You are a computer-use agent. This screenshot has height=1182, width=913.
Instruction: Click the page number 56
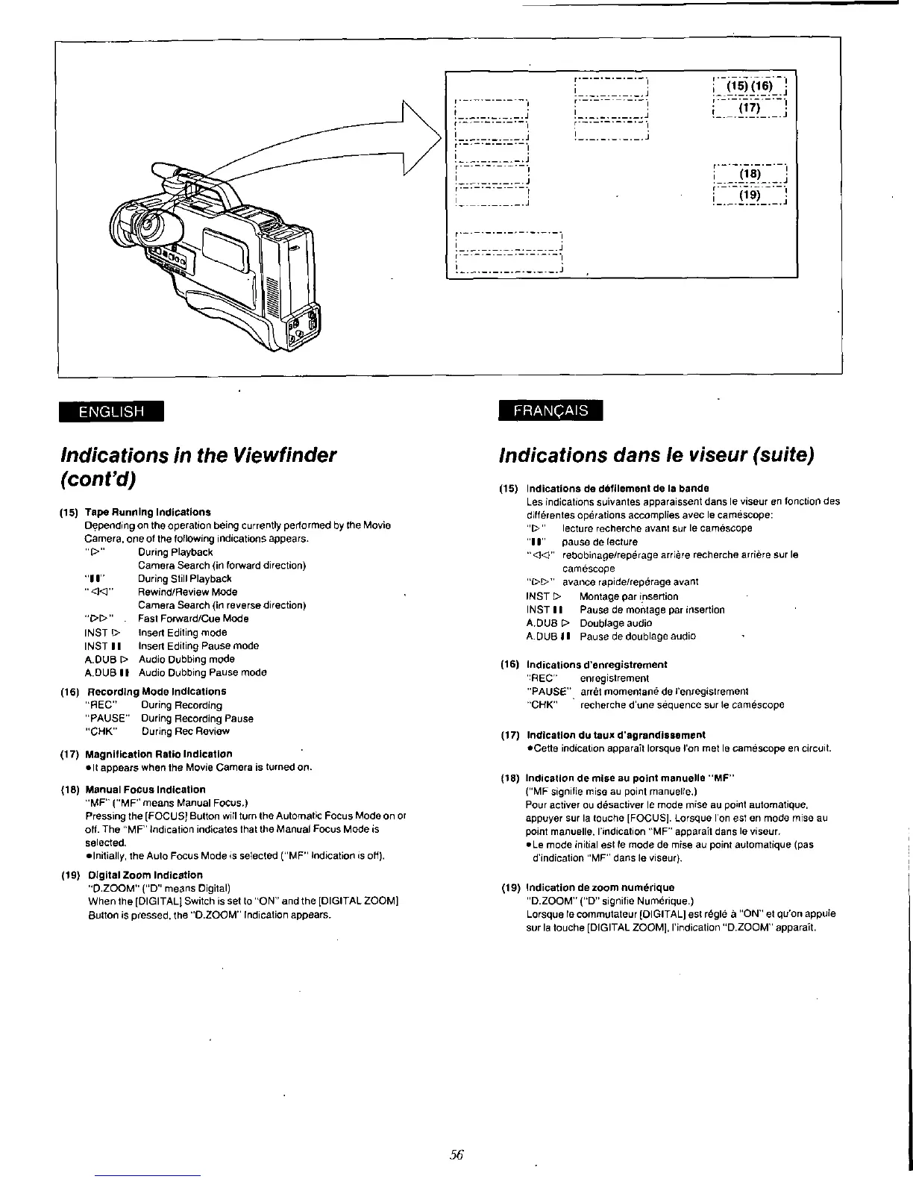click(457, 1154)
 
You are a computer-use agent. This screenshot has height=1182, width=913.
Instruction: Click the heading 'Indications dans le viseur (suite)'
click(656, 454)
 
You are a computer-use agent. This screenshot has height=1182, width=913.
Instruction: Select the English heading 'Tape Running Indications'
click(148, 512)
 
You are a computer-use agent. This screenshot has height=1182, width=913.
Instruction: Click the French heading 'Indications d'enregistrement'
click(597, 664)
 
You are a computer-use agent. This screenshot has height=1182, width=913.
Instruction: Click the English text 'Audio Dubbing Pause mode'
click(203, 672)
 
